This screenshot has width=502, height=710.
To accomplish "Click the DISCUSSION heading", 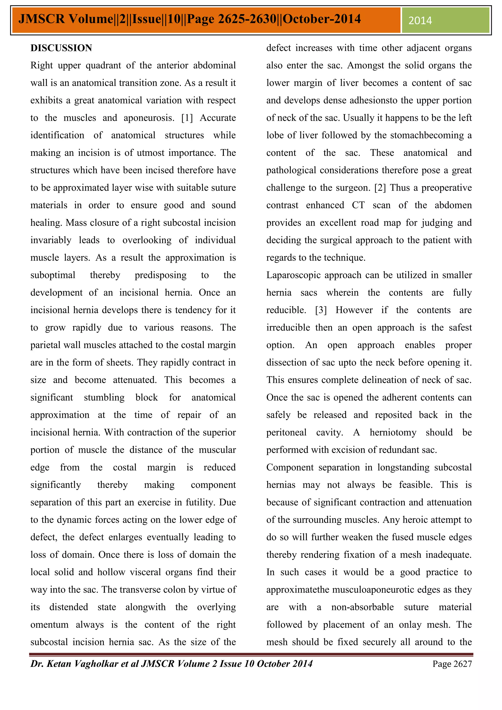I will pyautogui.click(x=61, y=48).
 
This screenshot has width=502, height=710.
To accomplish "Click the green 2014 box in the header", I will pyautogui.click(x=445, y=20).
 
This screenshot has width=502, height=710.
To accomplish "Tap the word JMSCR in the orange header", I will pyautogui.click(x=41, y=19).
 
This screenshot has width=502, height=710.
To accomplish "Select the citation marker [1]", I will pyautogui.click(x=187, y=118).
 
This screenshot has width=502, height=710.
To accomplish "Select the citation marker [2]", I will pyautogui.click(x=380, y=188).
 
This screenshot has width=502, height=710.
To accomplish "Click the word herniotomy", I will pyautogui.click(x=393, y=433).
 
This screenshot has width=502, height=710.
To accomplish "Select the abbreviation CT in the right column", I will pyautogui.click(x=358, y=205).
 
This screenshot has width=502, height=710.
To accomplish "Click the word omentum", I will pyautogui.click(x=50, y=625).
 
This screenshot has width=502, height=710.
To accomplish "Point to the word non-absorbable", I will pyautogui.click(x=363, y=607).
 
